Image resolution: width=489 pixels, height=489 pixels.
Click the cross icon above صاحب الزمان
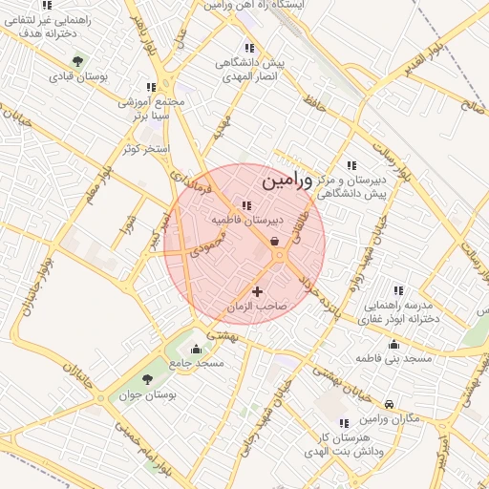point(257,290)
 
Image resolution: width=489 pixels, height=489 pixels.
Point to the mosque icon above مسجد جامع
point(196,349)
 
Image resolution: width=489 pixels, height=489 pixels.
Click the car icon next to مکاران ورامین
point(389,405)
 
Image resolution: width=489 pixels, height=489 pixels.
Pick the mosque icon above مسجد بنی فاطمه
point(393,344)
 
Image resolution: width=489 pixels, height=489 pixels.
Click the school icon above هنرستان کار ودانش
point(342,422)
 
